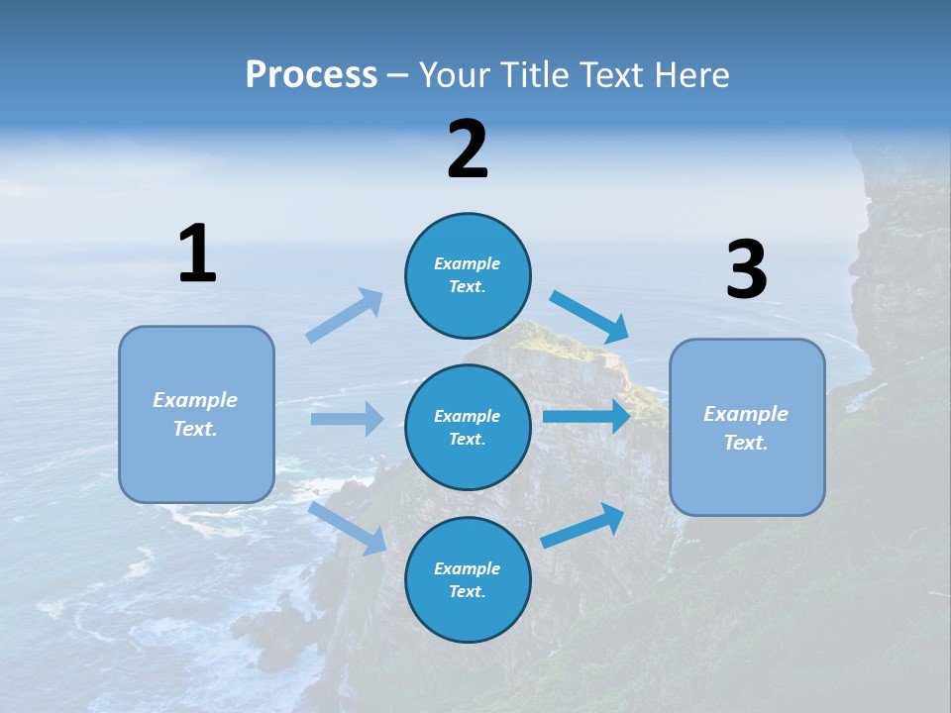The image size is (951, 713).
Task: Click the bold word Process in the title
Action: point(311,75)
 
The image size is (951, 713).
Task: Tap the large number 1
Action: point(197,254)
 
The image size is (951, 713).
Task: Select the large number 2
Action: point(468,150)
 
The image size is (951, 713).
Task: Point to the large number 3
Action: point(746,270)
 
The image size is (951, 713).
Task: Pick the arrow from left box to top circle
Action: point(346,315)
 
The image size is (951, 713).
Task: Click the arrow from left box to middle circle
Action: point(347,419)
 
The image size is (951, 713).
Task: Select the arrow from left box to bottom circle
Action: point(348,528)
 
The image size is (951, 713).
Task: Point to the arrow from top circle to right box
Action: point(590,317)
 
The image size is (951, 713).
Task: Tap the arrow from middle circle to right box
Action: point(586,416)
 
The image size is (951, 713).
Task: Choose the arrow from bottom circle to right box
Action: point(583,526)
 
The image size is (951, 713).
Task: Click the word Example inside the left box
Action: point(195,400)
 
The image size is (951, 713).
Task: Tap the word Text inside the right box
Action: point(746,443)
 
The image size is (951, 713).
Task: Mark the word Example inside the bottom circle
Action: point(468,568)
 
